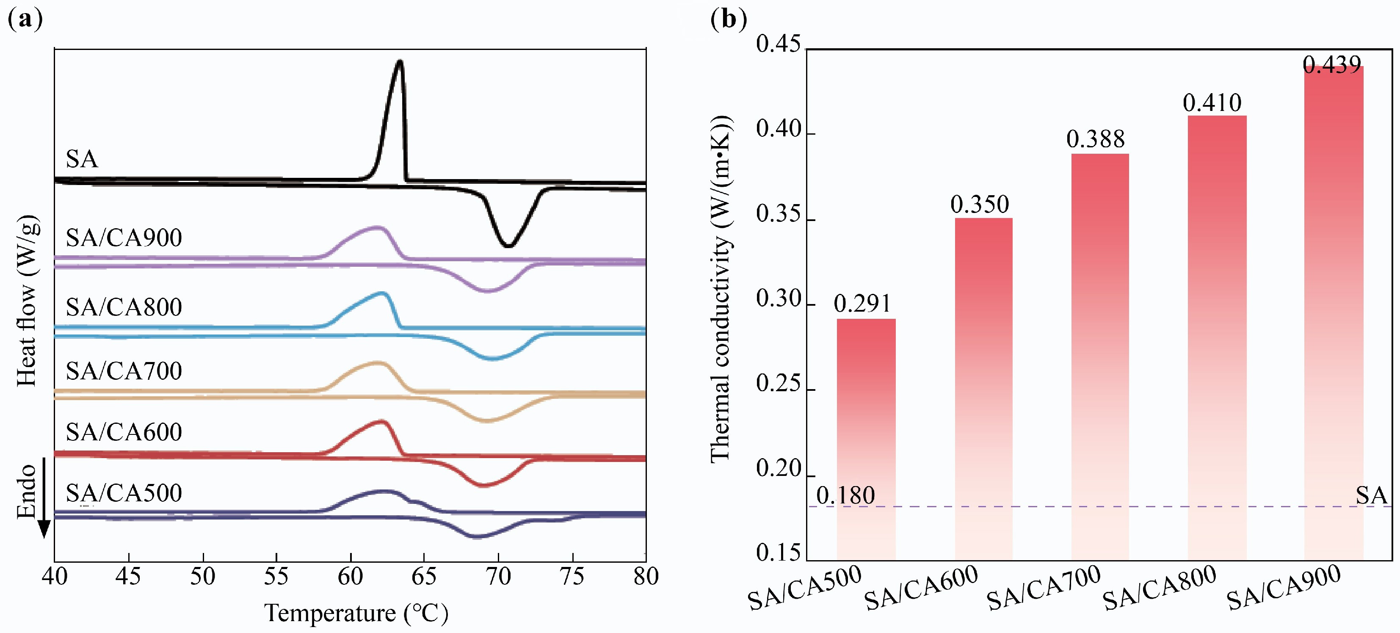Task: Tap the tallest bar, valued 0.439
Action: tap(1333, 312)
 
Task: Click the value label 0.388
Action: tap(1095, 139)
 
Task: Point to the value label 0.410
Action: tap(1212, 103)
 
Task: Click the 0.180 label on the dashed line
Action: tap(846, 495)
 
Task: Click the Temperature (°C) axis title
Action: tap(356, 613)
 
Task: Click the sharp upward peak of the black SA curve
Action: tap(400, 61)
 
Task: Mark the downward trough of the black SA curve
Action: tap(508, 246)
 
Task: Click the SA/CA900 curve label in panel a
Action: tap(124, 238)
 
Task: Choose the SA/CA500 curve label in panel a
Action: tap(124, 493)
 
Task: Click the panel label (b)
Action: tap(728, 19)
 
